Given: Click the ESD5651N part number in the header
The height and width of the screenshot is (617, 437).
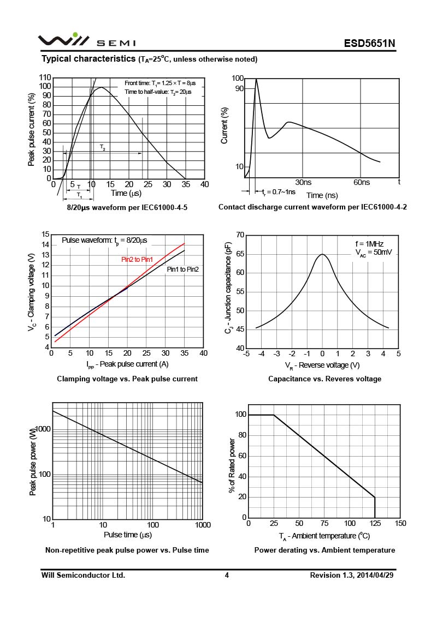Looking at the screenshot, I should [369, 43].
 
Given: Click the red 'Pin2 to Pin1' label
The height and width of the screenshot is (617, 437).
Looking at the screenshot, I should [137, 260].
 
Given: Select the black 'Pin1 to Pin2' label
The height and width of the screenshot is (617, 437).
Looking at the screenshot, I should [182, 269].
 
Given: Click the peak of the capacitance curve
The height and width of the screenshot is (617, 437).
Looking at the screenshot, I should [322, 254].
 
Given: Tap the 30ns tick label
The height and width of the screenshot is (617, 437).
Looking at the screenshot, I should [303, 182].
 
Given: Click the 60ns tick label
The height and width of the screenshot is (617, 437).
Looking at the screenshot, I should [362, 182].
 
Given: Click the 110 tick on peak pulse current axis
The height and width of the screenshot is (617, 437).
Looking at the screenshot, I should [45, 78].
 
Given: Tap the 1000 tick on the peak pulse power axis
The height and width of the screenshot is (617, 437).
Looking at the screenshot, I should [43, 429].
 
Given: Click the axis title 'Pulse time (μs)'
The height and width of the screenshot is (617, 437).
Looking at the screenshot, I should [128, 535].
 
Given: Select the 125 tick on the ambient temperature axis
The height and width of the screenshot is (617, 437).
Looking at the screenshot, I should [375, 524].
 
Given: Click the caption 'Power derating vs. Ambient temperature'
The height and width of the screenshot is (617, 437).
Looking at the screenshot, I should [324, 550].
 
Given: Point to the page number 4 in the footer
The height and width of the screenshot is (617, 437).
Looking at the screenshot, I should [227, 576].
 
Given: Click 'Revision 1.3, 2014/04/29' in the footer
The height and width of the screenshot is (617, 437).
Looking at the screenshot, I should [352, 576].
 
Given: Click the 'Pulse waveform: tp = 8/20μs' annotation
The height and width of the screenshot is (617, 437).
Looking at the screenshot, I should [104, 240].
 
